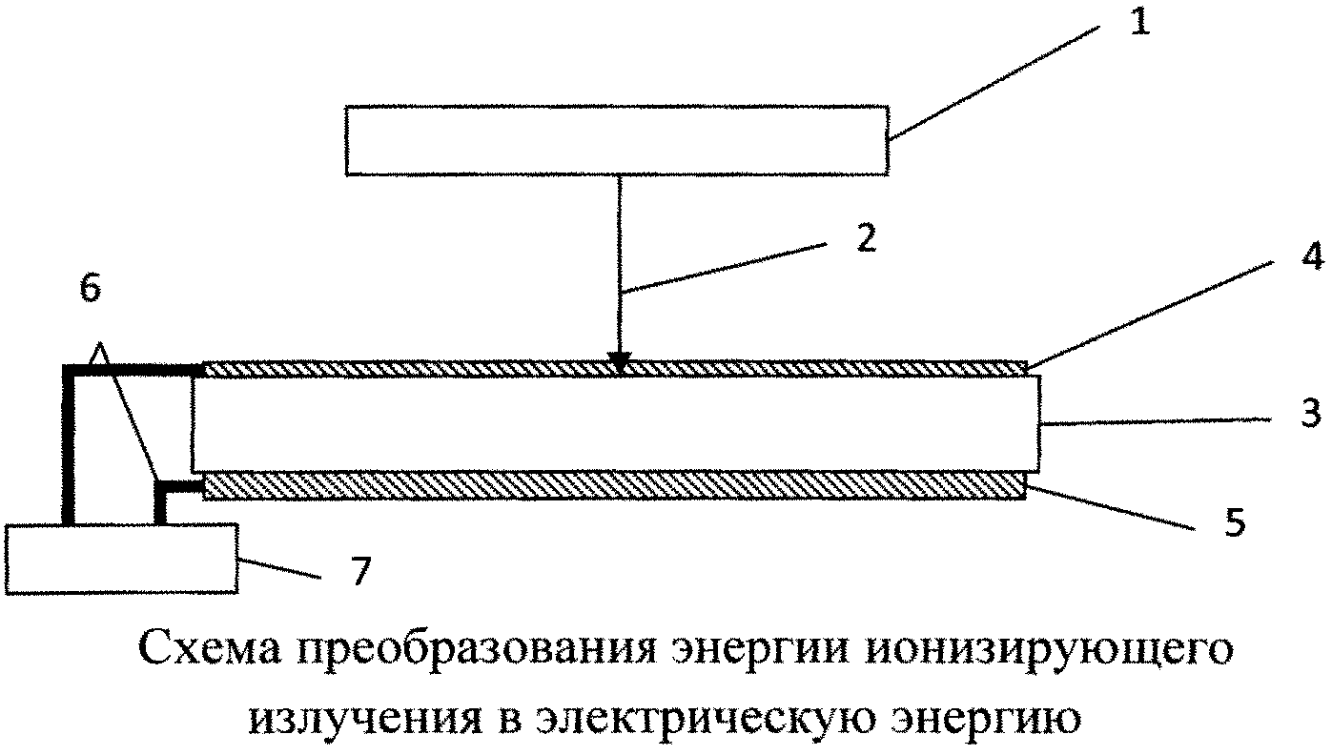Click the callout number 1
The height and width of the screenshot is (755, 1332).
click(x=1139, y=24)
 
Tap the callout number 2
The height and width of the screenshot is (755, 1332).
click(x=866, y=239)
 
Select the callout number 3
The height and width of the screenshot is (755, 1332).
click(x=1310, y=413)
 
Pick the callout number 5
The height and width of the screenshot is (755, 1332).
click(x=1234, y=522)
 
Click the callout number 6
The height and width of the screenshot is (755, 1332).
click(x=91, y=289)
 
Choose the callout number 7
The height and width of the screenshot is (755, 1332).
click(x=359, y=571)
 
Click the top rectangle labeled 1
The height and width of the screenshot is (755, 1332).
click(x=617, y=141)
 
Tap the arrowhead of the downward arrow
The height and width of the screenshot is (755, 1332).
click(x=619, y=362)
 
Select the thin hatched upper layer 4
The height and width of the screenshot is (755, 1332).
click(x=615, y=369)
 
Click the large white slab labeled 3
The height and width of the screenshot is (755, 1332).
click(x=615, y=423)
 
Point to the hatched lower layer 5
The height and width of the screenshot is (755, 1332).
click(x=615, y=485)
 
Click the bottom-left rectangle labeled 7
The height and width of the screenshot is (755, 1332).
click(x=121, y=559)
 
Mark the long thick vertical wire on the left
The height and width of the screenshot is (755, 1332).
click(x=68, y=446)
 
